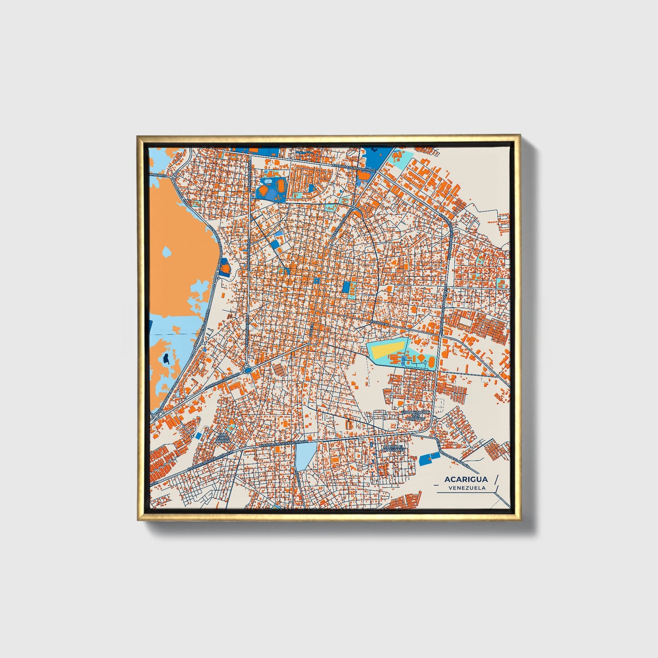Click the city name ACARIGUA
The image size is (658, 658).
tap(466, 479)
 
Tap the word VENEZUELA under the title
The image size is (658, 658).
tap(467, 488)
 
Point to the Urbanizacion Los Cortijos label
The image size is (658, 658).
tap(415, 415)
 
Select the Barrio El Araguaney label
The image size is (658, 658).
tap(393, 449)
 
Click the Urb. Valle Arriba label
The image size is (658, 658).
tap(224, 438)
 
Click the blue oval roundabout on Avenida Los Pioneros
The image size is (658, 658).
tap(247, 370)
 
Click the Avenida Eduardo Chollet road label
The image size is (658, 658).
tap(354, 167)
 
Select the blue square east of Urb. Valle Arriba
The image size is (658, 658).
tap(199, 435)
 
